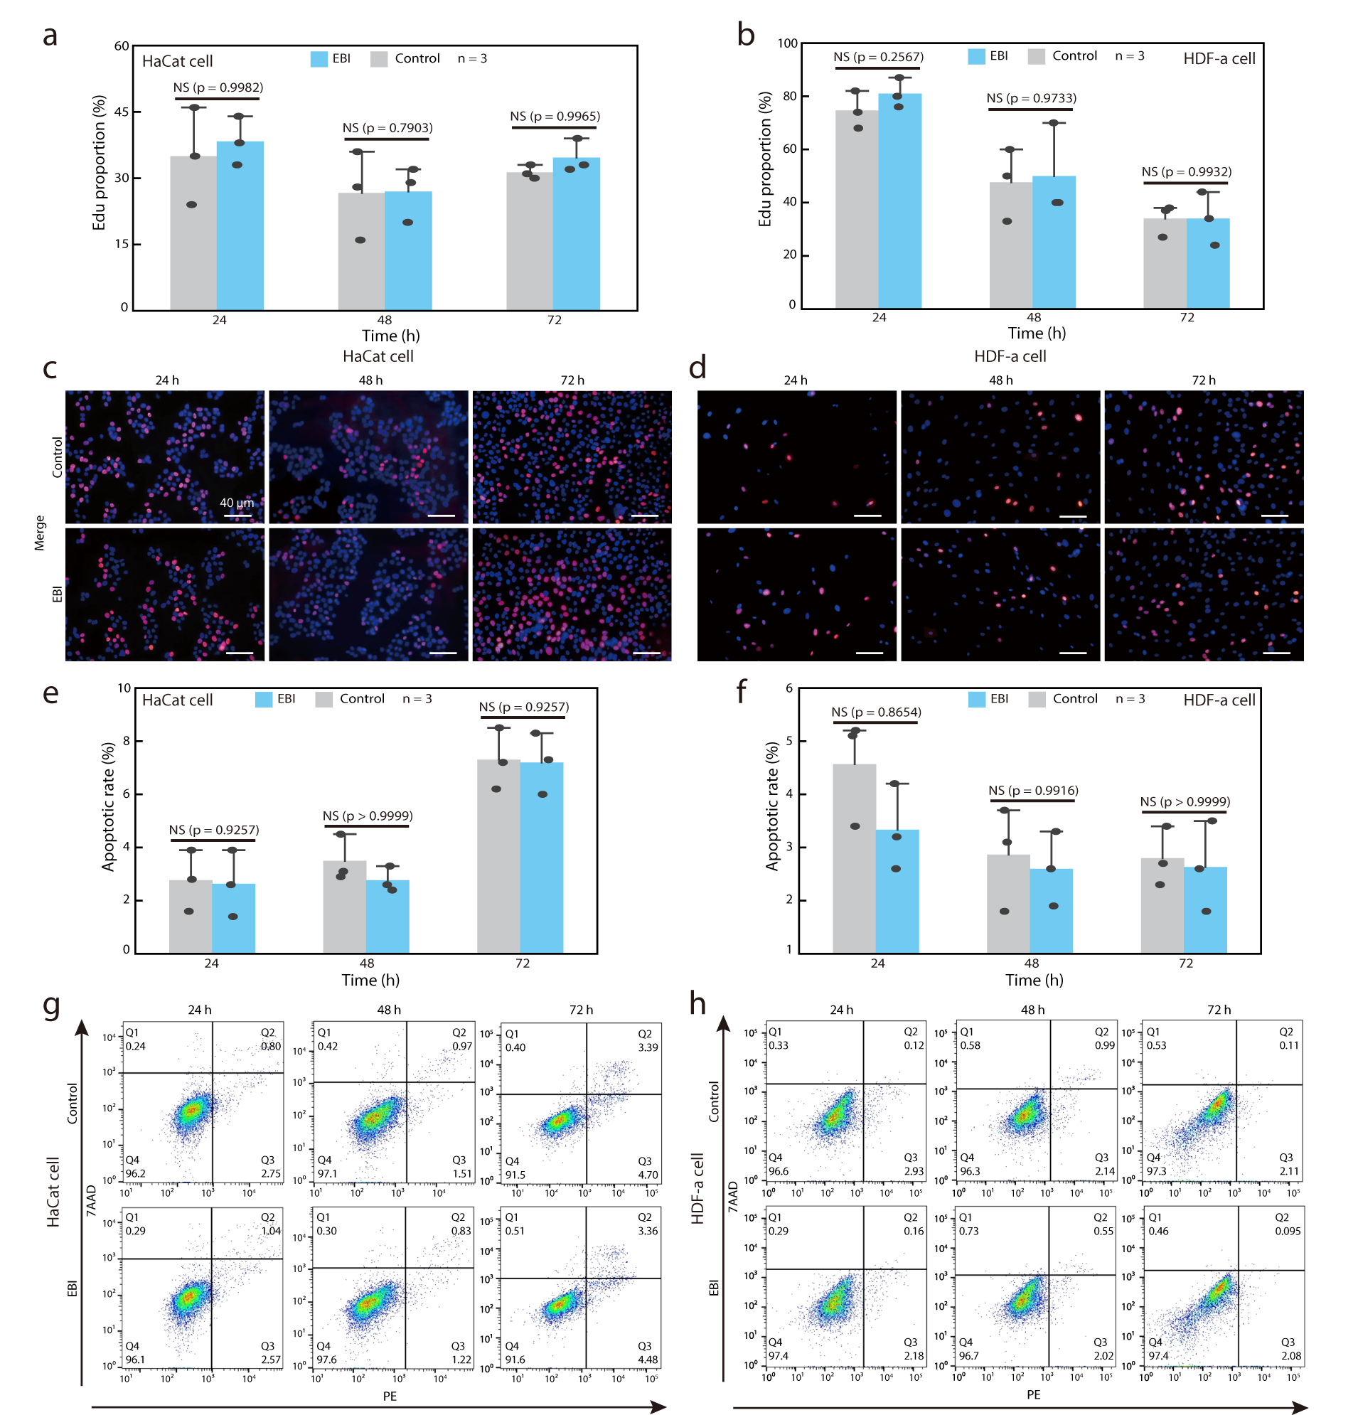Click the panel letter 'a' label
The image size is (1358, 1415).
click(x=50, y=36)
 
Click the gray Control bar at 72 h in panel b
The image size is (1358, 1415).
click(x=1164, y=264)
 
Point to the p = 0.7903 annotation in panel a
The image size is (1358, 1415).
click(x=387, y=128)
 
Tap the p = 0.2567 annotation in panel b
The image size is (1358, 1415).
click(x=878, y=57)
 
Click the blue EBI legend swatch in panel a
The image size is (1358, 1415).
click(x=319, y=59)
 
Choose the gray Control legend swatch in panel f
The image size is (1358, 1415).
click(x=1037, y=699)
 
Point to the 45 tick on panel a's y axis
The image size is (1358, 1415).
click(x=122, y=112)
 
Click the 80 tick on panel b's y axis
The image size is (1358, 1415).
click(x=790, y=96)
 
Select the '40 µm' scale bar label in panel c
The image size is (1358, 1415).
click(x=237, y=503)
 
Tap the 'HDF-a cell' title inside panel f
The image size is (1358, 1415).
click(x=1219, y=700)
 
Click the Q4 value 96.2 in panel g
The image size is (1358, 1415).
click(x=135, y=1174)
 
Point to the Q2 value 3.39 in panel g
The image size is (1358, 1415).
click(x=648, y=1047)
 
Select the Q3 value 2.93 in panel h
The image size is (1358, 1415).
click(x=914, y=1171)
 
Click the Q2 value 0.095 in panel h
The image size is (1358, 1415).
click(x=1287, y=1231)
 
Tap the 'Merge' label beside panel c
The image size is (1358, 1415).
click(x=40, y=533)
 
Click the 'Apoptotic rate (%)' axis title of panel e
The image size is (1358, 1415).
click(x=108, y=806)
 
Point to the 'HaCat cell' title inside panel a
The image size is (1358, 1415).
click(x=177, y=61)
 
